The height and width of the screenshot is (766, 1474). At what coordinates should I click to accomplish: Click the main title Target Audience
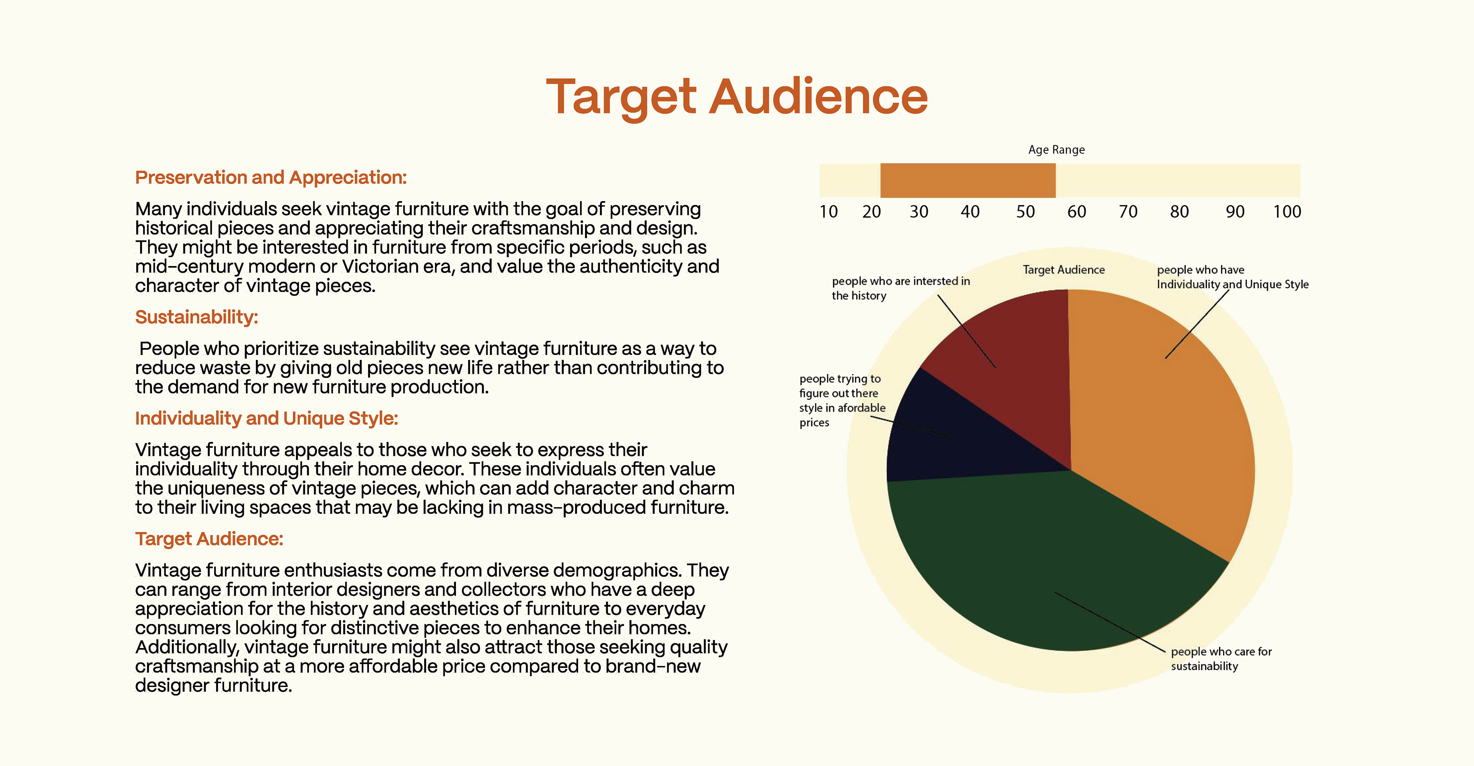[x=737, y=97]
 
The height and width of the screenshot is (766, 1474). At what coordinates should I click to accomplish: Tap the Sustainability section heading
[x=196, y=317]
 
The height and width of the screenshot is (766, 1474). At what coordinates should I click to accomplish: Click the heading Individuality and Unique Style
[x=266, y=419]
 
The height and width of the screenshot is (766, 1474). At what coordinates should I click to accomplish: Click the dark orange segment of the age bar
[x=968, y=180]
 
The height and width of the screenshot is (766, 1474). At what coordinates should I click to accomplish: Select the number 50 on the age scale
[x=1025, y=212]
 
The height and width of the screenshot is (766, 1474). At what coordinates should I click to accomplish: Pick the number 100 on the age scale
[x=1287, y=212]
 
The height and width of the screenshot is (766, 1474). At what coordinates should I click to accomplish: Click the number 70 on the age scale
[x=1128, y=212]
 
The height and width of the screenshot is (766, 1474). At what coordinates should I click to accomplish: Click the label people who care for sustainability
[x=1221, y=659]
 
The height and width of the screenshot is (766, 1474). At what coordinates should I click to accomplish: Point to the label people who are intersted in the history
[x=901, y=288]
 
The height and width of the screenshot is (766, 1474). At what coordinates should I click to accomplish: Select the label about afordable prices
[x=842, y=400]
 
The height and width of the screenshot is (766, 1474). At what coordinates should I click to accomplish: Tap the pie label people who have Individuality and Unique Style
[x=1233, y=277]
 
